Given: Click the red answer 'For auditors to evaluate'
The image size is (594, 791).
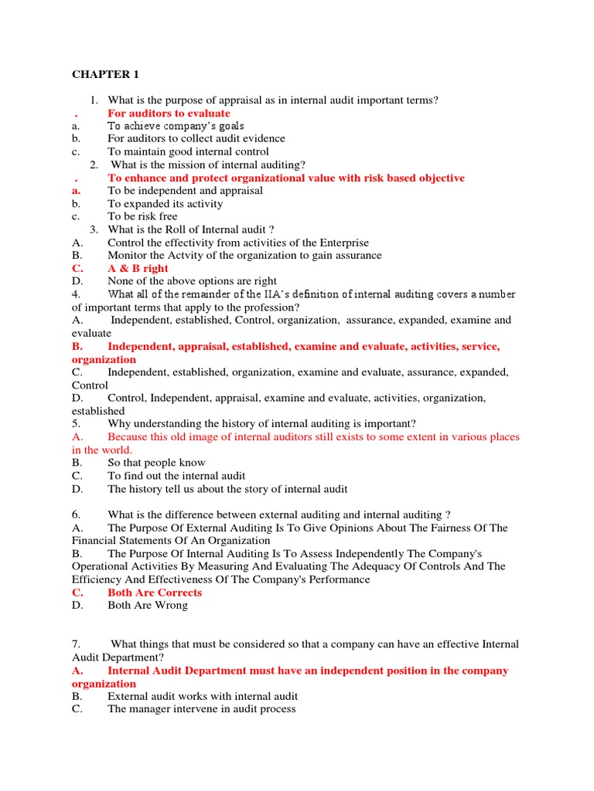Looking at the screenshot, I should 169,113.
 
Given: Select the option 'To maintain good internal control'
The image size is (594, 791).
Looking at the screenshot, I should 188,151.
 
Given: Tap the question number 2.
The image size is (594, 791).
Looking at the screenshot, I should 93,165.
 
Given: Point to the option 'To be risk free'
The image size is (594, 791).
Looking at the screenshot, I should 142,216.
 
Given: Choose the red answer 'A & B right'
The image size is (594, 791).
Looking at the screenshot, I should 138,268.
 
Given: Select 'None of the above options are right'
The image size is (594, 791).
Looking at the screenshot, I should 192,281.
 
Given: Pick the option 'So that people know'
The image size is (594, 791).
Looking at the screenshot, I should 156,463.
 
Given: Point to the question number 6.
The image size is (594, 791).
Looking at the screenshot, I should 76,514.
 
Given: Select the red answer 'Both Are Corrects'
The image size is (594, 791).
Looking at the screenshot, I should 155,592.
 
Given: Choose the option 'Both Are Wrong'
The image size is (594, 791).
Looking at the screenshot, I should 148,606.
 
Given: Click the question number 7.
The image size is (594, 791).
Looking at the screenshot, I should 76,644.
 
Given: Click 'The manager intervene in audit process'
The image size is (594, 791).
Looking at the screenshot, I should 202,709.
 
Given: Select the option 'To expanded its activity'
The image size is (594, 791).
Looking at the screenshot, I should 165,203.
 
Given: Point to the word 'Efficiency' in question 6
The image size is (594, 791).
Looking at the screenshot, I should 97,579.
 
